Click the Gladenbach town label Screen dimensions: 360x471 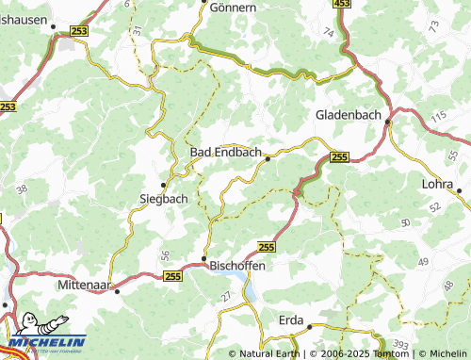click(349, 114)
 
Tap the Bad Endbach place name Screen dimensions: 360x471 click(227, 152)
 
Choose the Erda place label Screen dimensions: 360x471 click(291, 320)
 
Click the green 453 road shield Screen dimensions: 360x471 click(342, 5)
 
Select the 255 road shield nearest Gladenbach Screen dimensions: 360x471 click(340, 157)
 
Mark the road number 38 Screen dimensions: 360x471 click(22, 189)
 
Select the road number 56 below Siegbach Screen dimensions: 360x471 click(165, 254)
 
